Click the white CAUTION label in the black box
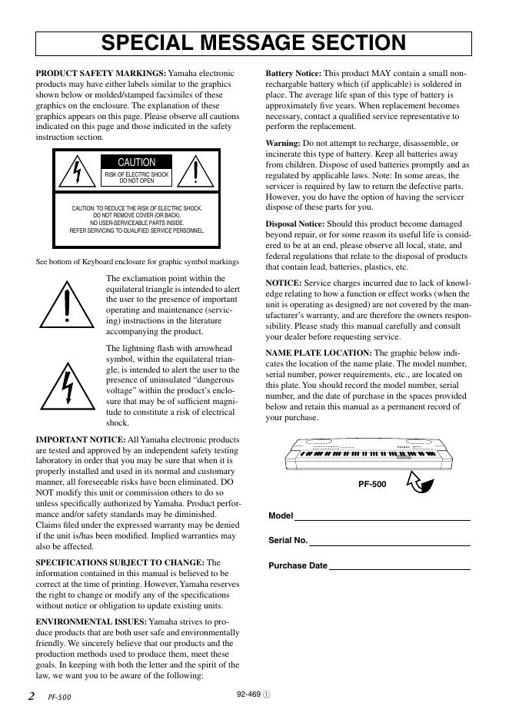point(136,162)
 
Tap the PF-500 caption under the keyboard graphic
point(372,485)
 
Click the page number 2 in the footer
point(31,697)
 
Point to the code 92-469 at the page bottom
point(250,693)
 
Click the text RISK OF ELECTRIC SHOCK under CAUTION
point(136,175)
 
